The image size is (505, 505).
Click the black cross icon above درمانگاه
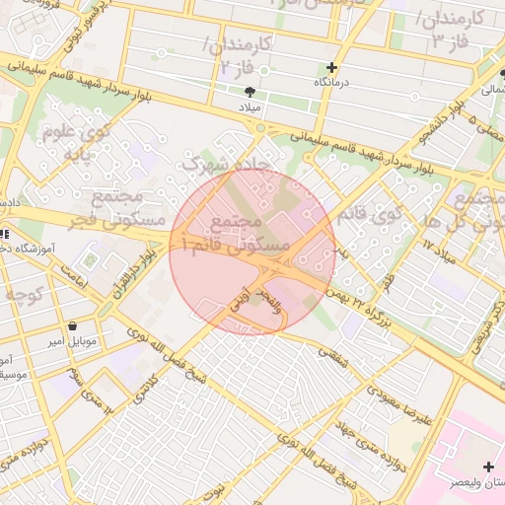[x=331, y=68]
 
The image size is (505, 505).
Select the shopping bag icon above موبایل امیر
[x=73, y=326]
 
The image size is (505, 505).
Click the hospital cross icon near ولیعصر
[x=488, y=466]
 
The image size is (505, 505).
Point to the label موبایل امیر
[x=73, y=341]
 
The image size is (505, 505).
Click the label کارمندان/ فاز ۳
[x=449, y=31]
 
